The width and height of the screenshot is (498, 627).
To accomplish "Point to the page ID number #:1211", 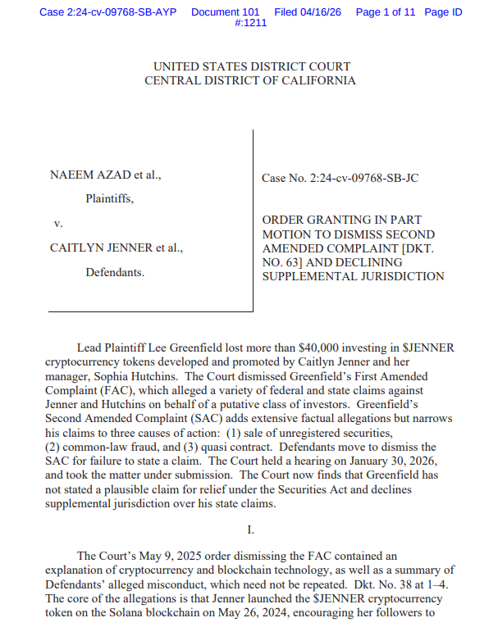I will [250, 23].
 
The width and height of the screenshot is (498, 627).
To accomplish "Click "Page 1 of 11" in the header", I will [386, 12].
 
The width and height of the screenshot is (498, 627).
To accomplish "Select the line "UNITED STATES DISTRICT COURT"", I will [252, 66].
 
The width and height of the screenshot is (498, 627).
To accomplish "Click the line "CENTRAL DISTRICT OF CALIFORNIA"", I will [250, 80].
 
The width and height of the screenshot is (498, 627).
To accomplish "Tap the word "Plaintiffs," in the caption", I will [109, 198].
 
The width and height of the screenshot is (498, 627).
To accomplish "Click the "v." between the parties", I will [58, 223].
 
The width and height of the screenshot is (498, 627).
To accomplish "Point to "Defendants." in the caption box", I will [115, 271].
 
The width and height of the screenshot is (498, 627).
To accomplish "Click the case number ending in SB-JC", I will [340, 178].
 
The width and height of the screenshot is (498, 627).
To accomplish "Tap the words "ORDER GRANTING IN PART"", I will [341, 220].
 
